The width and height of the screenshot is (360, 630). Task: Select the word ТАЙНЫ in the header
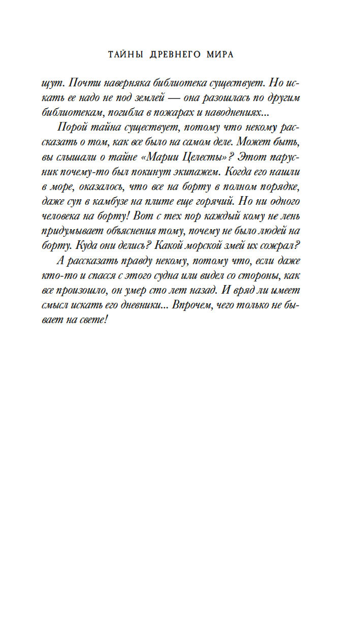[x=127, y=55]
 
